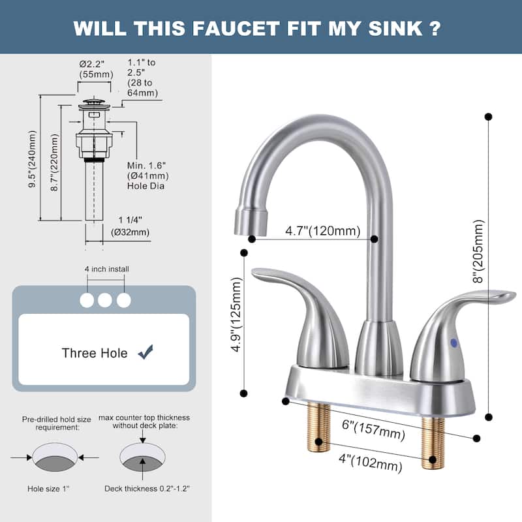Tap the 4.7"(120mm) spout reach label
coord(322,230)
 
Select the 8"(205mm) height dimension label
coord(480,251)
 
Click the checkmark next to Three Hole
coord(145,353)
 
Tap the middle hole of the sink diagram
coord(105,300)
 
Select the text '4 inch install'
coord(106,268)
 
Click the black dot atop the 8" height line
coord(488,117)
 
